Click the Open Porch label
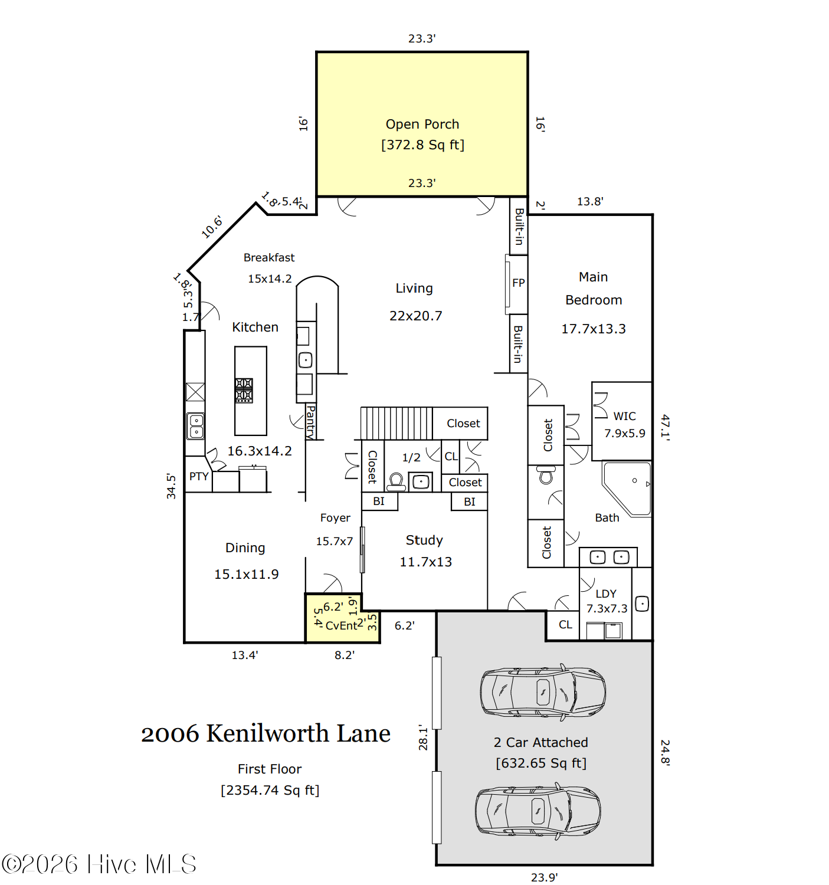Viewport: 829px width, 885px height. coord(422,124)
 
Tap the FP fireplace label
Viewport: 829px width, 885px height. coord(519,283)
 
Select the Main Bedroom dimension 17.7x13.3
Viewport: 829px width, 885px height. coord(593,329)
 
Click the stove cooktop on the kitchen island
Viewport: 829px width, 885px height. coord(244,391)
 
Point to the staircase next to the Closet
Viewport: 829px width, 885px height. coord(397,423)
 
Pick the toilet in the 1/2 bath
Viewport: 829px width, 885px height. coord(396,482)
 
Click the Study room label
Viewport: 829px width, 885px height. coord(424,540)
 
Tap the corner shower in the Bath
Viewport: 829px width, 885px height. coord(626,489)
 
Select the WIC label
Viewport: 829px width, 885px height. coord(624,416)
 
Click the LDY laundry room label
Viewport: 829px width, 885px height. coord(606,594)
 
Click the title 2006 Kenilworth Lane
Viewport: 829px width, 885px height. coord(266,733)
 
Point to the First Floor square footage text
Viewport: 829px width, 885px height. coord(270,790)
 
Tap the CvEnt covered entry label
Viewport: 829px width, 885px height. coord(342,625)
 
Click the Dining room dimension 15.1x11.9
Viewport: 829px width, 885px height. coord(247,574)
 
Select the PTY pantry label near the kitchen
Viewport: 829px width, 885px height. coord(199,476)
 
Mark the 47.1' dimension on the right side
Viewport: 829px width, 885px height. coord(665,427)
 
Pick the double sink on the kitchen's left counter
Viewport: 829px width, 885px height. coord(196,426)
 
